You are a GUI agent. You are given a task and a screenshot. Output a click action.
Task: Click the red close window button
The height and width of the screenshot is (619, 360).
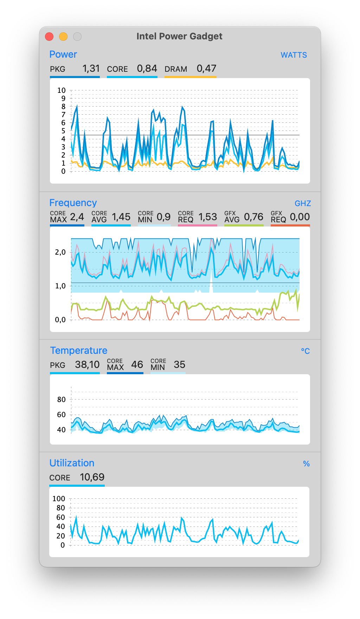(x=49, y=37)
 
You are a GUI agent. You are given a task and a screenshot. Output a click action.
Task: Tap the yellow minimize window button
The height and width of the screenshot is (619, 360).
(x=63, y=37)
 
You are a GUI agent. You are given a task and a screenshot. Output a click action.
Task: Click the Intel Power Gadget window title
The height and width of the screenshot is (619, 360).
(x=179, y=36)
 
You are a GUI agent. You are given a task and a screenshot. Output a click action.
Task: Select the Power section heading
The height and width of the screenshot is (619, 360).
(x=63, y=55)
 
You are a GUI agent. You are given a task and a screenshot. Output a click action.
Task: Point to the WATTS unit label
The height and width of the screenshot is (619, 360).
(x=294, y=55)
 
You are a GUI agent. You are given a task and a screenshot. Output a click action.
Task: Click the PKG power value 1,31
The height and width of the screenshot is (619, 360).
(x=91, y=69)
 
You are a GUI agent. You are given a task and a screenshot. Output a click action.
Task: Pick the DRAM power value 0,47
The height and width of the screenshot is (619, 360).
(x=206, y=69)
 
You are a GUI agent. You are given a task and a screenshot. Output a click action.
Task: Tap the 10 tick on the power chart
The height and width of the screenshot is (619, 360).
(x=62, y=90)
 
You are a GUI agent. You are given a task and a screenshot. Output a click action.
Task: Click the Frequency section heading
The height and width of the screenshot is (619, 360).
(x=73, y=203)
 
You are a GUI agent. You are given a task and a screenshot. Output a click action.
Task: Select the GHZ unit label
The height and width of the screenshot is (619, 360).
(x=302, y=204)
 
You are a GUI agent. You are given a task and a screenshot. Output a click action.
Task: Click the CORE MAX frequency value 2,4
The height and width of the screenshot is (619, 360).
(x=77, y=217)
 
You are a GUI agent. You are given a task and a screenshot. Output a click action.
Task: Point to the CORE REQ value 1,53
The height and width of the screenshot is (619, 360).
(x=207, y=217)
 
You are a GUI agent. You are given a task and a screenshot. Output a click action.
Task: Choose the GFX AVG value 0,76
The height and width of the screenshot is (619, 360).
(x=253, y=217)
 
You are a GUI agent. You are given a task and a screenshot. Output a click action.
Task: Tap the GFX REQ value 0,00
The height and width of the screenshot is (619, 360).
(x=300, y=217)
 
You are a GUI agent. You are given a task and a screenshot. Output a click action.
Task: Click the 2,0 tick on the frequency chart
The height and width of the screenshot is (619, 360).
(x=60, y=252)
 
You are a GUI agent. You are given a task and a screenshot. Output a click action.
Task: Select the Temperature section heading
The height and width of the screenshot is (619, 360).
(x=78, y=351)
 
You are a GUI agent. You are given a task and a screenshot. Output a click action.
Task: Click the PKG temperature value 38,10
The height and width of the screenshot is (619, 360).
(x=87, y=365)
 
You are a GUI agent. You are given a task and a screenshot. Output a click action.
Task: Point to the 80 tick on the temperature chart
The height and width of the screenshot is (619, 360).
(x=62, y=400)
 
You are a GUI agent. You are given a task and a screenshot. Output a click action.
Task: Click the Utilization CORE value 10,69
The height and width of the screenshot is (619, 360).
(x=92, y=477)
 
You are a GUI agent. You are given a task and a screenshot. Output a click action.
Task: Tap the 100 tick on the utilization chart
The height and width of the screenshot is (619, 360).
(x=59, y=499)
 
